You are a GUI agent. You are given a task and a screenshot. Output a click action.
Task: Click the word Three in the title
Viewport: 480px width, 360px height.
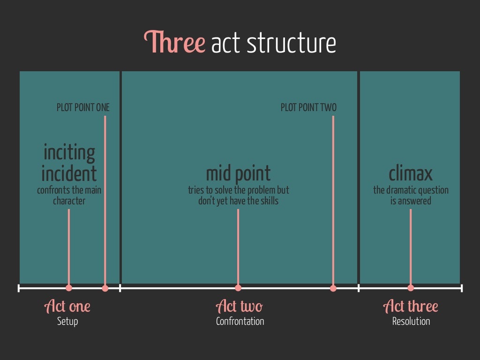click(x=174, y=43)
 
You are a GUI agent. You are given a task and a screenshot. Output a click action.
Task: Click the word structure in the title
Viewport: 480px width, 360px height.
click(x=291, y=43)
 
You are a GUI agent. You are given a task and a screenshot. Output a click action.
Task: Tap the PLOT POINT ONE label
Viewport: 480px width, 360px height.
click(x=83, y=107)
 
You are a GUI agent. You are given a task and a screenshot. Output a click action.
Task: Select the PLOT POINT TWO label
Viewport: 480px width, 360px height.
click(x=308, y=107)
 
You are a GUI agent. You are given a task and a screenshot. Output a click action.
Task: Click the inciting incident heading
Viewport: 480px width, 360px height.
click(x=69, y=163)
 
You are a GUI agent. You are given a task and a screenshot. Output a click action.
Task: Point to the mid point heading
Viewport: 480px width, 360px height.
click(x=238, y=173)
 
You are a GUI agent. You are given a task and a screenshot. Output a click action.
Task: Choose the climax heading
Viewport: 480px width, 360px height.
click(x=411, y=173)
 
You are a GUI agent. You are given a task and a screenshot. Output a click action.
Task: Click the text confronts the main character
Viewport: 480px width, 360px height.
click(x=69, y=195)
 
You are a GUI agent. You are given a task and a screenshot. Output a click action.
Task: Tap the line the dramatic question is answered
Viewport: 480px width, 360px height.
click(x=411, y=195)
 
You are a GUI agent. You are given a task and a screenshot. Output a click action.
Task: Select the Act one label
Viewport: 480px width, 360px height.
click(x=67, y=307)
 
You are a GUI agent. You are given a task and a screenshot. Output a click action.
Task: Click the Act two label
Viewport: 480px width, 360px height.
click(x=240, y=307)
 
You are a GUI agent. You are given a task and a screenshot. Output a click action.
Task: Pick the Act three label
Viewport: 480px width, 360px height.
click(x=411, y=307)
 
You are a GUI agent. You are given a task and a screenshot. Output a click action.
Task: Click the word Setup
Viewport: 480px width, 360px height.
click(x=67, y=321)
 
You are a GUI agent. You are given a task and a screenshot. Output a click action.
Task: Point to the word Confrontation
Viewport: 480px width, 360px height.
click(x=240, y=321)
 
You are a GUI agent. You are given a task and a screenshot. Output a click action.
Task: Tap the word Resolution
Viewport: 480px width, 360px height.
click(x=411, y=321)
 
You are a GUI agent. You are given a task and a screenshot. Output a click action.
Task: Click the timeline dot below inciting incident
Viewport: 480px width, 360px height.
click(x=69, y=288)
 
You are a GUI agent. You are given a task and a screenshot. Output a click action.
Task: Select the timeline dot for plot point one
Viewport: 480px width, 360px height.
click(x=105, y=288)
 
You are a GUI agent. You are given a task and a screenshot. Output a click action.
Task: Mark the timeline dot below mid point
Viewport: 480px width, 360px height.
click(x=238, y=288)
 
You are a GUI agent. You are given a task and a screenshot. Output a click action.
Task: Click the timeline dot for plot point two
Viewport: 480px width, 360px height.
click(x=333, y=288)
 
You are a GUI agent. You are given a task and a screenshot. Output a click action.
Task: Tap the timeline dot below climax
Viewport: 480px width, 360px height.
click(x=411, y=288)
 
